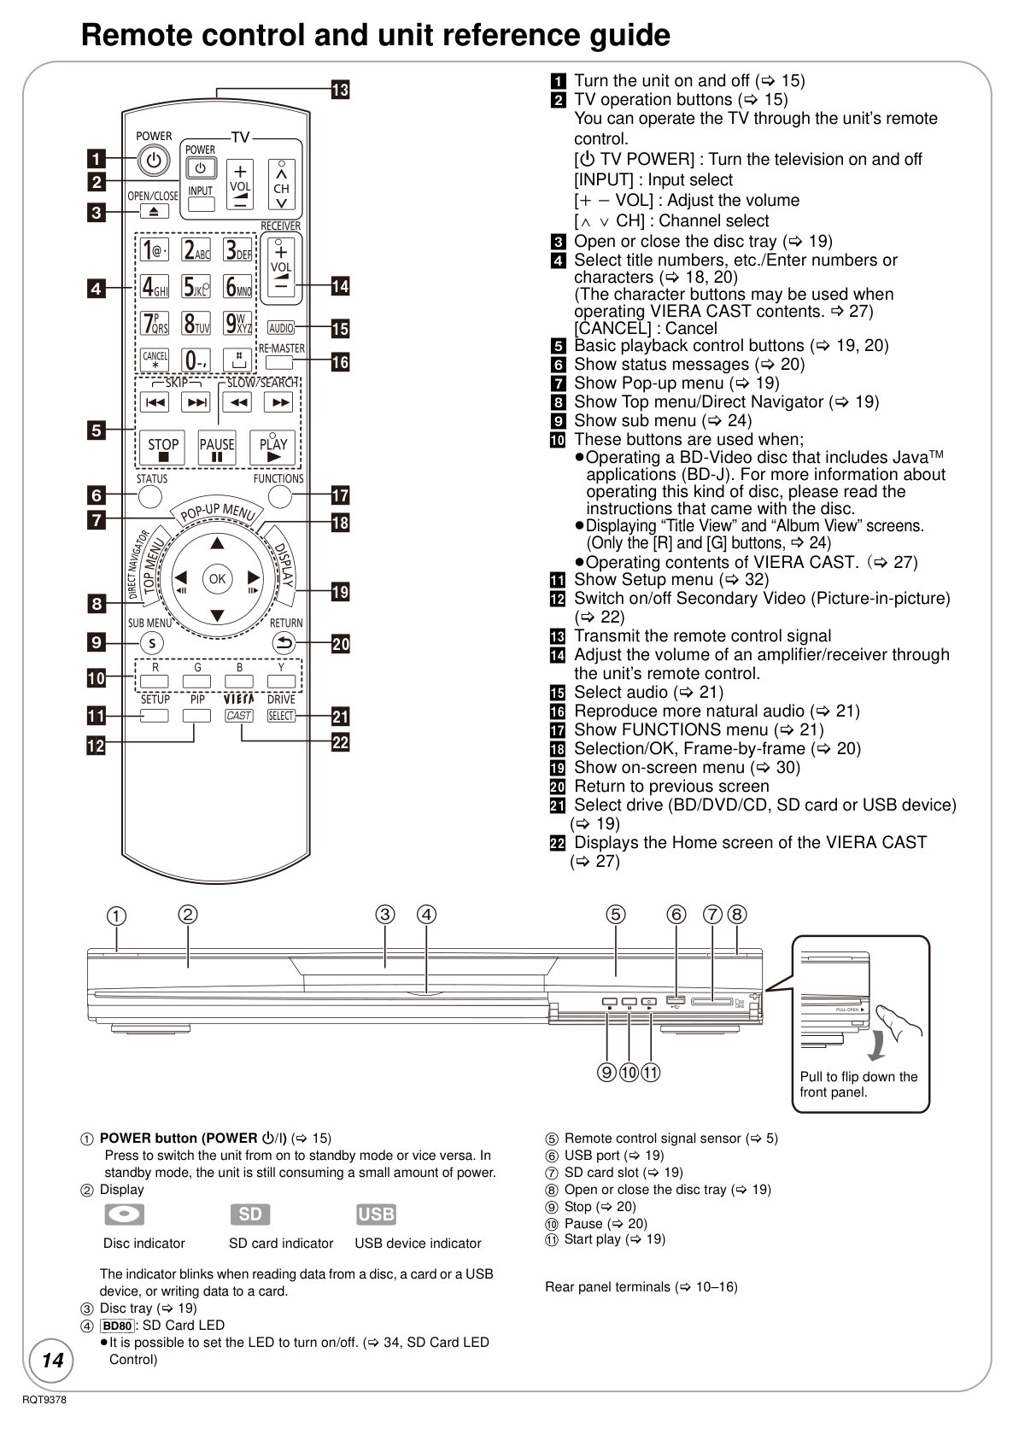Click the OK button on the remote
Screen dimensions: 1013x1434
click(217, 579)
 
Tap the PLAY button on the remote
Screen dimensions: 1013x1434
click(272, 447)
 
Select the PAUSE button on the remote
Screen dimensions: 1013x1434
click(217, 447)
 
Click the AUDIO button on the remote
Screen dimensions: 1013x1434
click(281, 329)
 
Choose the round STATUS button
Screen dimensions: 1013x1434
click(149, 496)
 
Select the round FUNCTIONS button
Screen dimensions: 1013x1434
click(280, 496)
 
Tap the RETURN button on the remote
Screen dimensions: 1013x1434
click(284, 642)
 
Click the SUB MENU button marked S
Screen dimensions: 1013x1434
click(152, 643)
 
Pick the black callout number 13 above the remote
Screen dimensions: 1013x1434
click(340, 90)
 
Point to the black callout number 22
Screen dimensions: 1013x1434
click(340, 742)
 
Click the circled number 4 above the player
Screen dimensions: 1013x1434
click(426, 914)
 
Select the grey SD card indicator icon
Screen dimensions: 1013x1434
click(249, 1215)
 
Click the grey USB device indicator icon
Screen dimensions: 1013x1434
click(376, 1215)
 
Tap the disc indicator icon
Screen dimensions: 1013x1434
click(124, 1215)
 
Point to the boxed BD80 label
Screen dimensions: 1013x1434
click(117, 1326)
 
